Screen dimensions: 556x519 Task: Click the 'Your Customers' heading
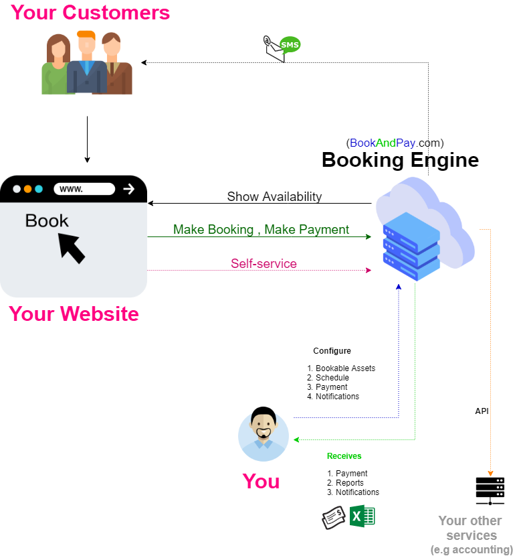90,13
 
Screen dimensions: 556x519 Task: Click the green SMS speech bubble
290,45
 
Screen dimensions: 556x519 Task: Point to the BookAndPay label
383,143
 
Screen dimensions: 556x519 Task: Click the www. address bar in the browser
84,189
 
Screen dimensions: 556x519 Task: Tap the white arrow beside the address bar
129,189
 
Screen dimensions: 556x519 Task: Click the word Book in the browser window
47,220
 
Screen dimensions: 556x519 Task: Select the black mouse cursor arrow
72,247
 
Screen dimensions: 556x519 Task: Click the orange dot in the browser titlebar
27,189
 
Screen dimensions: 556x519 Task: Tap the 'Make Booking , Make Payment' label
261,230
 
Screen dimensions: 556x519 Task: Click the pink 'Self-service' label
264,264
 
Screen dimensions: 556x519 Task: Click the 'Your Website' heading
74,314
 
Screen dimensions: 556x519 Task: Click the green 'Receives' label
344,456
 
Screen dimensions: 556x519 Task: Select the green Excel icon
362,516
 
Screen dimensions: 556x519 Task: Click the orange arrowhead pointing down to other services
490,474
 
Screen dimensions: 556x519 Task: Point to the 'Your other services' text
471,528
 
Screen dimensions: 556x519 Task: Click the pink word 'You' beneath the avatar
261,481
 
